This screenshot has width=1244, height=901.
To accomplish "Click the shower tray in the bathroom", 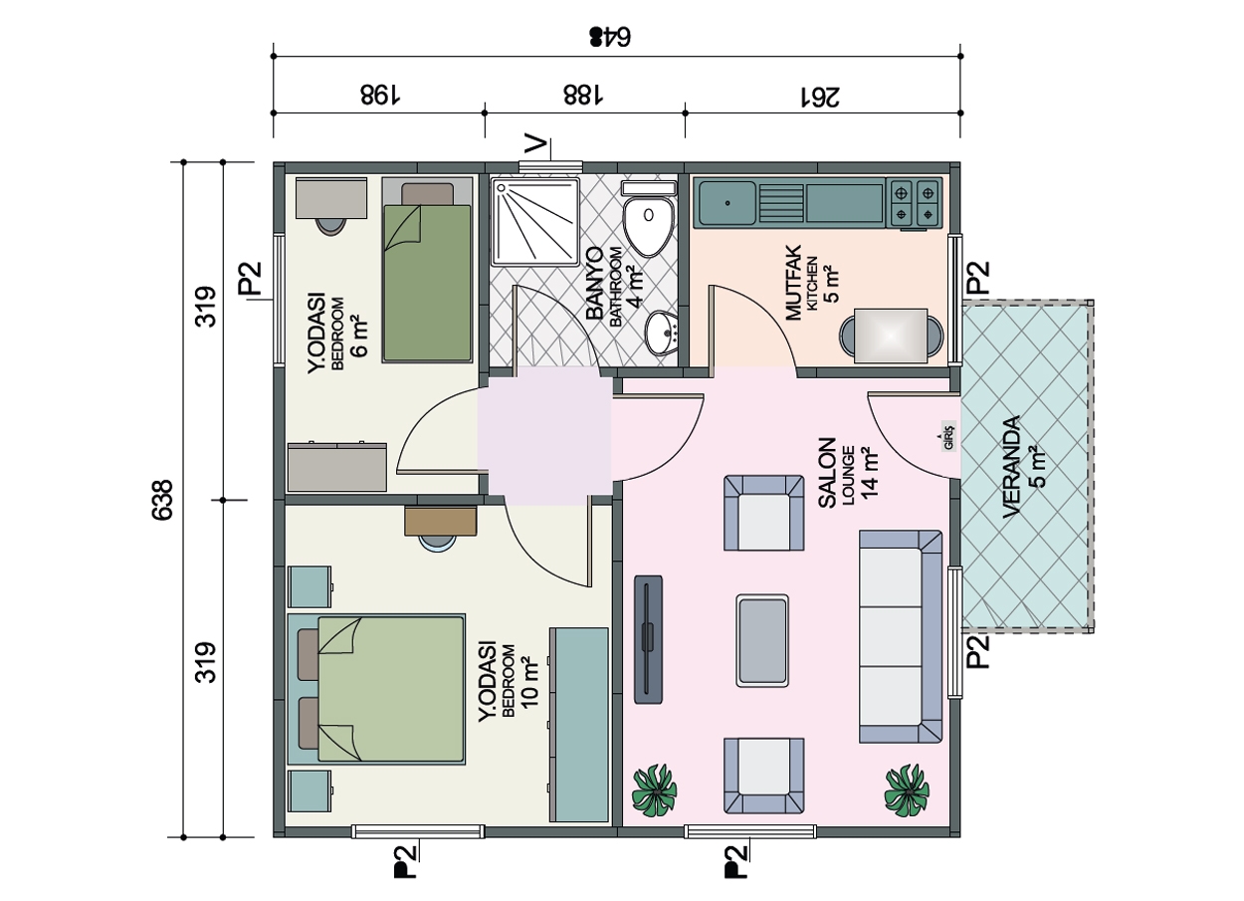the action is tap(536, 222).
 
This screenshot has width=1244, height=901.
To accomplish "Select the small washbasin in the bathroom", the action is tap(662, 333).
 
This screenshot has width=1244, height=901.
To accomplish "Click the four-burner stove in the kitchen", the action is tap(915, 202).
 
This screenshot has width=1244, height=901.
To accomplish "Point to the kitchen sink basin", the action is tap(727, 203).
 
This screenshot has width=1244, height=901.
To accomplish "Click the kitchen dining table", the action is tap(891, 336).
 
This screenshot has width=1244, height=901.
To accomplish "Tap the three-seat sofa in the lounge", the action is tap(901, 636).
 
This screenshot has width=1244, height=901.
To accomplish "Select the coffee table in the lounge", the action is tap(762, 640).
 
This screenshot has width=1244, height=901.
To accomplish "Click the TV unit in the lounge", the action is tap(648, 639).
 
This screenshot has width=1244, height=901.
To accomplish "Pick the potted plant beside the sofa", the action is tap(907, 789).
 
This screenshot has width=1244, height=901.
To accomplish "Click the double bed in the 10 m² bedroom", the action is tap(376, 689).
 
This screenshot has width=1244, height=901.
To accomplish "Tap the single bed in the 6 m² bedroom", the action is tap(427, 270).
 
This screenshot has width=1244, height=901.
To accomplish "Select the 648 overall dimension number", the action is tap(610, 37).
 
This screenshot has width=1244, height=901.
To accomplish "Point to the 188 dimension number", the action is tap(582, 95).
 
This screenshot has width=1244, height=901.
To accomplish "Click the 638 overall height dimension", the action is tap(162, 500).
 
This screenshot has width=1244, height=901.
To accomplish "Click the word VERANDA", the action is tap(1012, 467).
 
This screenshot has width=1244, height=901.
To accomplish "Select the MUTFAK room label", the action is tap(794, 283).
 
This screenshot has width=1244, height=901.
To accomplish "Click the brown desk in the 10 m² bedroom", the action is tap(441, 521).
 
